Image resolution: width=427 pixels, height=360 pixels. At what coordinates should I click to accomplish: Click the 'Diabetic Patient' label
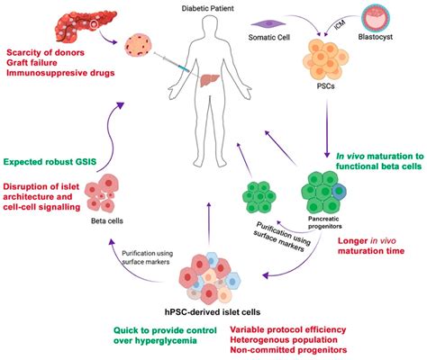pyautogui.click(x=212, y=6)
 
